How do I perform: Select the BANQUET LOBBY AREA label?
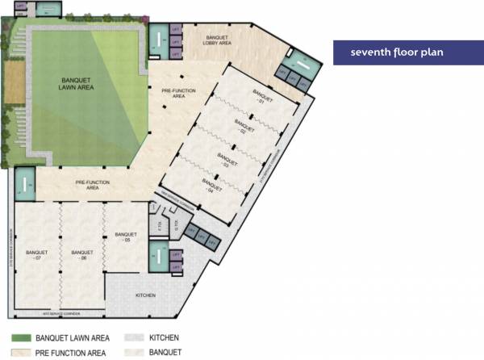pos(219,41)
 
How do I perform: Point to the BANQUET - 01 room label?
pos(258,97)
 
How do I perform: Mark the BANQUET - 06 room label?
pos(78,255)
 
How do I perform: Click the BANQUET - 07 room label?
pos(34,255)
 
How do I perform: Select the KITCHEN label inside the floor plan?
pos(144,295)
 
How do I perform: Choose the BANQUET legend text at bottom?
pos(164,353)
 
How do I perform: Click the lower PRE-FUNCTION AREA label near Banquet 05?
pos(93,185)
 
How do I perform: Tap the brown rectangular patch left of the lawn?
pos(13,82)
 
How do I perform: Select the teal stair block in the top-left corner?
pos(19,10)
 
